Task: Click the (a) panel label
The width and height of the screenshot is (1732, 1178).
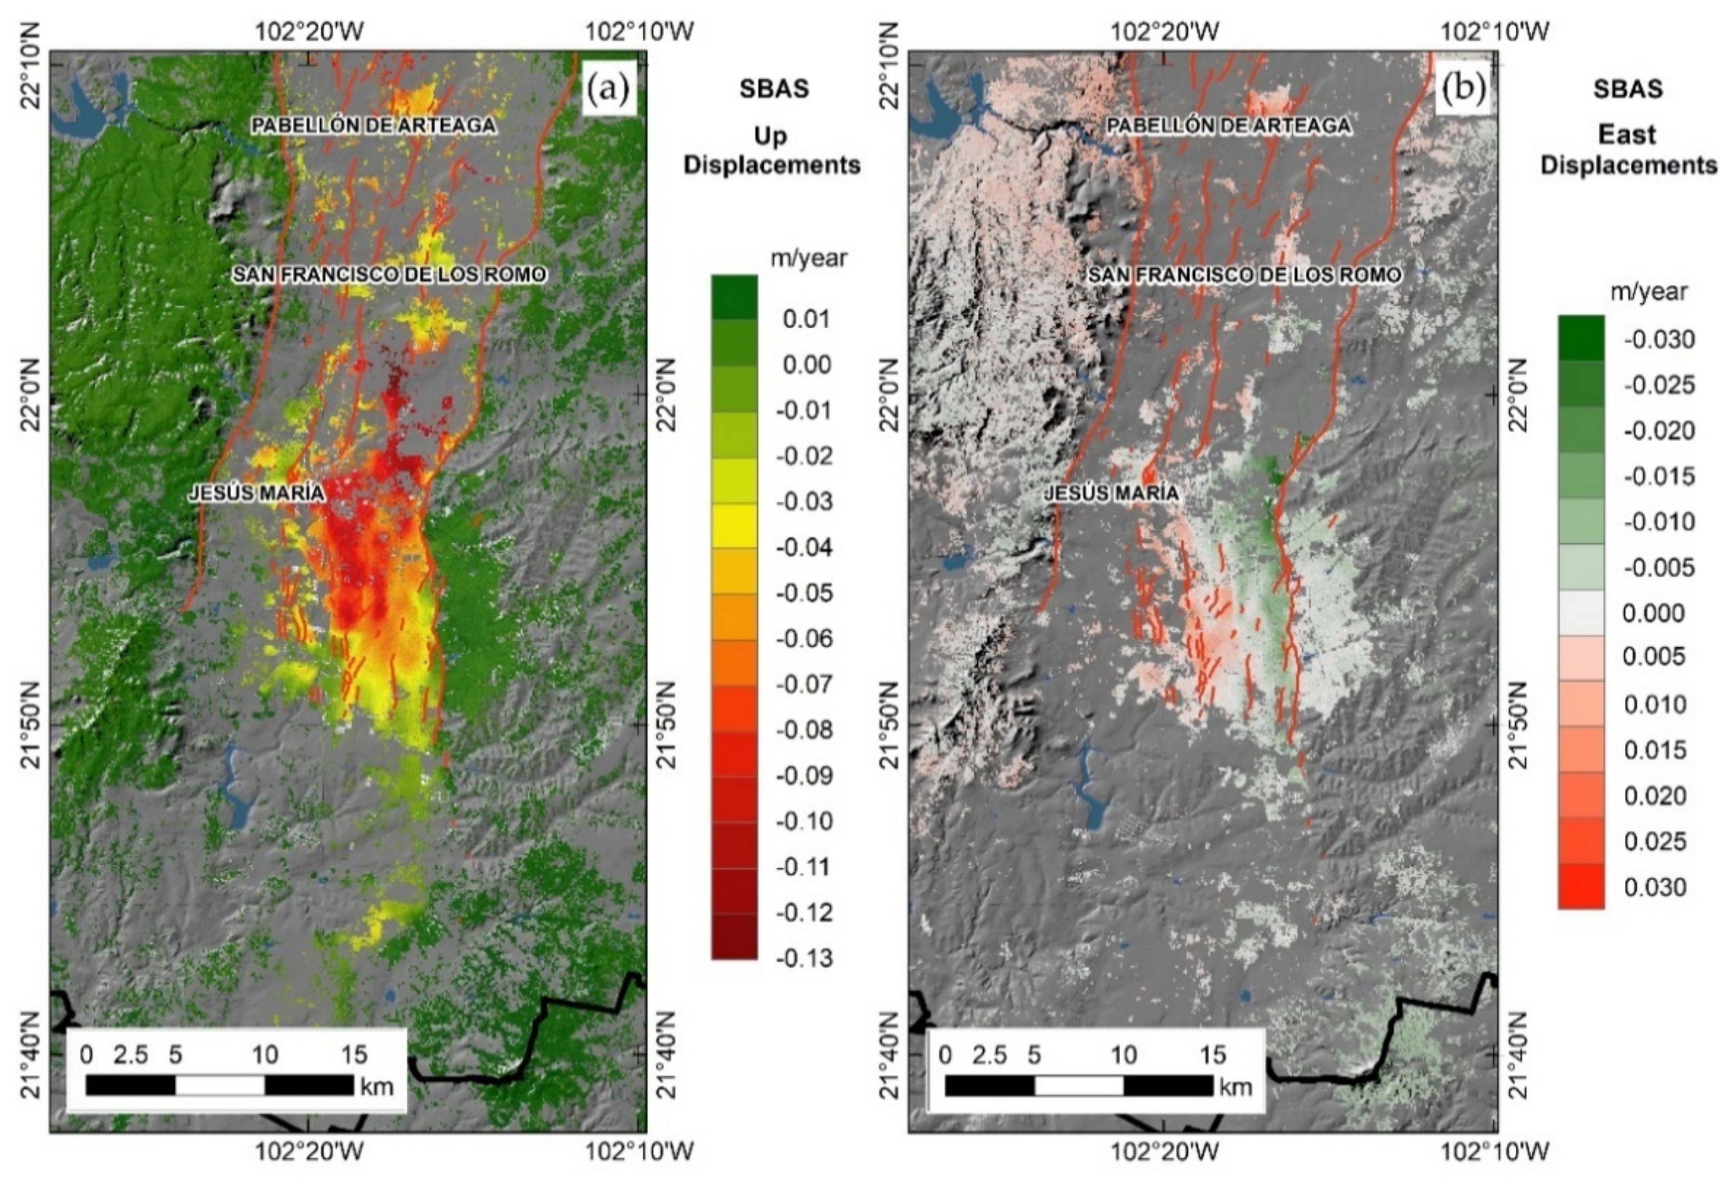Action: [608, 89]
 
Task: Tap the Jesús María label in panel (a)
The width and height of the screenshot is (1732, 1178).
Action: [257, 493]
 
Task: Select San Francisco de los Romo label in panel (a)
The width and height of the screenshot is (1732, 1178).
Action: [390, 274]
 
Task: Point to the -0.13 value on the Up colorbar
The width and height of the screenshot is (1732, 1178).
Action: [804, 958]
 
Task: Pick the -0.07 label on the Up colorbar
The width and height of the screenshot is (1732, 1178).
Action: [804, 684]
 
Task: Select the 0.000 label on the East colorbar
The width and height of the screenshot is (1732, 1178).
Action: [1653, 614]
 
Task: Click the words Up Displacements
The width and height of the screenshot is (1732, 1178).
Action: [772, 150]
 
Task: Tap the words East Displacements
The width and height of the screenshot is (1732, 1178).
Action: [1628, 150]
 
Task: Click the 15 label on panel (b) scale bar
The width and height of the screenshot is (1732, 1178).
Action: [1212, 1055]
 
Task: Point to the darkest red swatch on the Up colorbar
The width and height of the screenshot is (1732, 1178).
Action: [735, 937]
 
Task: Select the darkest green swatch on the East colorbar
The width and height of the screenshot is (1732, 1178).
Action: [1581, 338]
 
